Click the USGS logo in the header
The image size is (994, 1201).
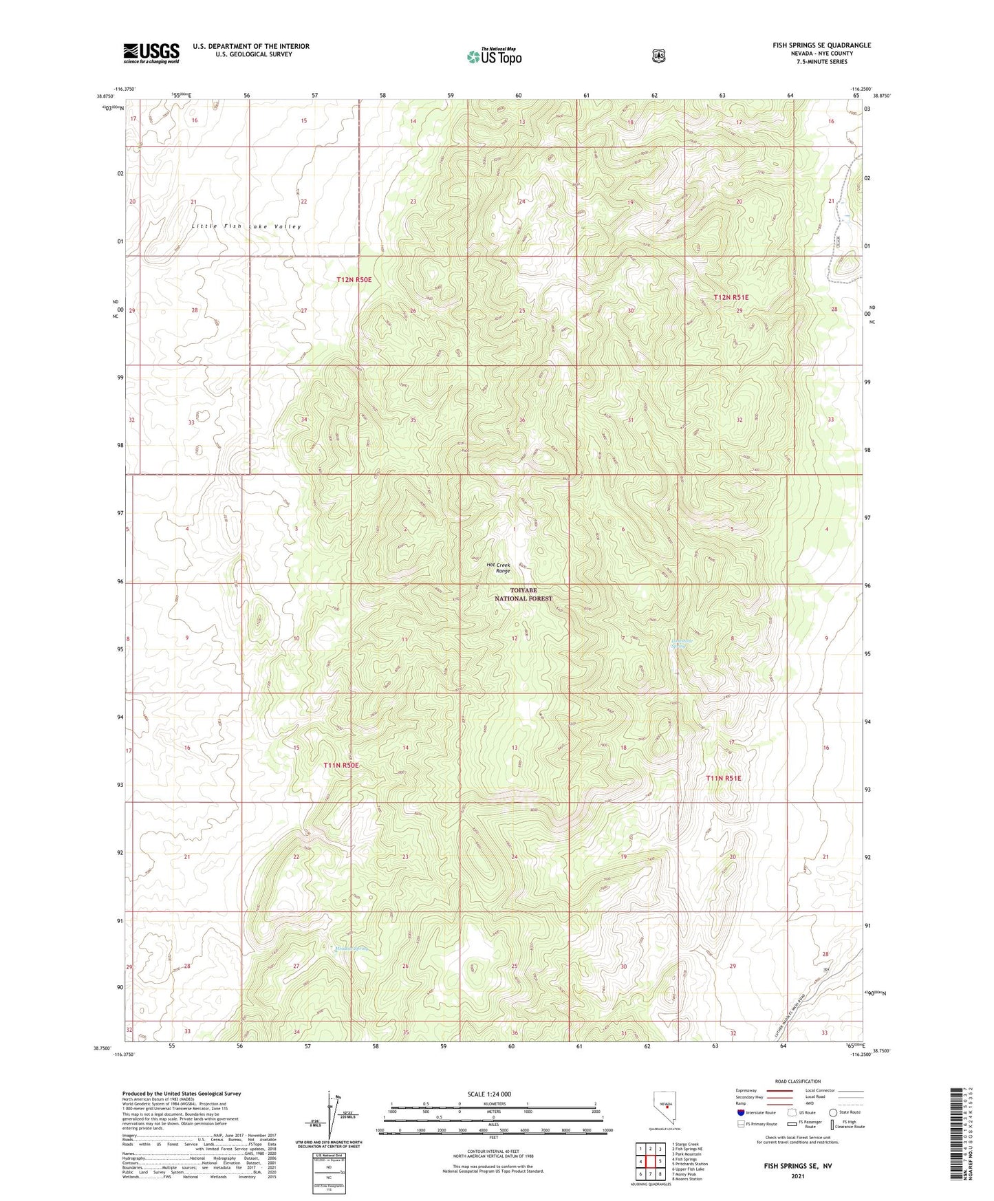[x=151, y=53]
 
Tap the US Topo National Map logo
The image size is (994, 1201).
[x=494, y=56]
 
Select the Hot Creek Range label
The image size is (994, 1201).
[x=499, y=567]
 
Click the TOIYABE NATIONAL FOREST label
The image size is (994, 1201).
[x=523, y=594]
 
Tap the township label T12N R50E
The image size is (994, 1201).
[x=354, y=280]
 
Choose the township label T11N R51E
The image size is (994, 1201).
[x=723, y=778]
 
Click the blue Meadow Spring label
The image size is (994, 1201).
[x=352, y=949]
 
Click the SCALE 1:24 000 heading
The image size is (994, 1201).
[x=489, y=1094]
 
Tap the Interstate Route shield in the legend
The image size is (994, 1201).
[x=740, y=1112]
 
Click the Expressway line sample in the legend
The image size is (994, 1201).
[x=777, y=1090]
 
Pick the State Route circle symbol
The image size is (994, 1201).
[x=833, y=1112]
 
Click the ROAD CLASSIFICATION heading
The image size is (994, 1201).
[x=797, y=1081]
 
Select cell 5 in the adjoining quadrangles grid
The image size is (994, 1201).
[x=660, y=1162]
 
